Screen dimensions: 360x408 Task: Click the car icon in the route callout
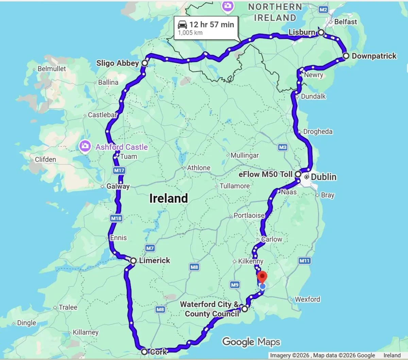pyautogui.click(x=183, y=24)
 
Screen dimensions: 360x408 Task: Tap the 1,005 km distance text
pyautogui.click(x=190, y=33)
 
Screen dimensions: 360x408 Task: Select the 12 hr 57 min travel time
pyautogui.click(x=211, y=24)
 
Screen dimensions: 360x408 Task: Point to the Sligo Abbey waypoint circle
pyautogui.click(x=145, y=63)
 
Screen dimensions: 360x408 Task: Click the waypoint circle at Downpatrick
pyautogui.click(x=346, y=56)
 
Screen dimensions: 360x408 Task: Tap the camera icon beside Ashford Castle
pyautogui.click(x=85, y=147)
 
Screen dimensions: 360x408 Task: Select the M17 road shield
pyautogui.click(x=119, y=170)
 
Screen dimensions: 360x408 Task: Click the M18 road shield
pyautogui.click(x=116, y=218)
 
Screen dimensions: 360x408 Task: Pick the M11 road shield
pyautogui.click(x=304, y=261)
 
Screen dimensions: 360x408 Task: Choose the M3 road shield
pyautogui.click(x=283, y=147)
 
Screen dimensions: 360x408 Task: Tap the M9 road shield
pyautogui.click(x=235, y=285)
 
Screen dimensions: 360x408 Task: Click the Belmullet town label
pyautogui.click(x=51, y=69)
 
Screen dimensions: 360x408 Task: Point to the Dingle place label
pyautogui.click(x=27, y=323)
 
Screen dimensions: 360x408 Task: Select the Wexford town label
pyautogui.click(x=307, y=299)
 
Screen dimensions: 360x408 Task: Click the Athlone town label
pyautogui.click(x=199, y=168)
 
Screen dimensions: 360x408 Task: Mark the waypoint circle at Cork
pyautogui.click(x=144, y=352)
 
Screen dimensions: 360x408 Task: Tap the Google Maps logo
pyautogui.click(x=251, y=342)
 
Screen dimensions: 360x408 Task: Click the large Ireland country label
pyautogui.click(x=169, y=198)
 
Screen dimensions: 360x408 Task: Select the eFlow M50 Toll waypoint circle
pyautogui.click(x=298, y=174)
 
